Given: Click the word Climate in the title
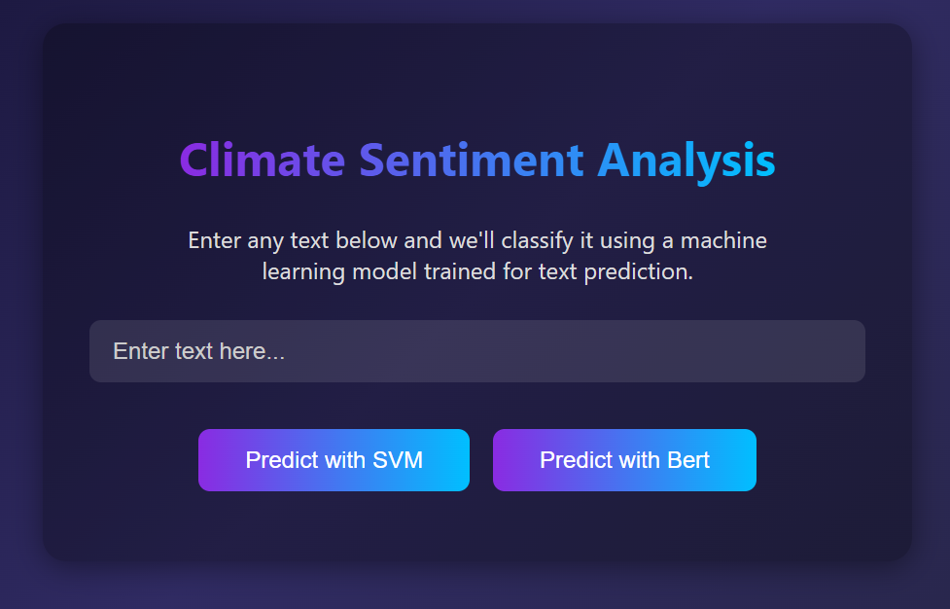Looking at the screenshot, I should click(262, 161).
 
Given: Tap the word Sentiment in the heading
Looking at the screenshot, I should click(472, 161).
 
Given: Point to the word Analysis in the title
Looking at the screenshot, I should click(686, 161).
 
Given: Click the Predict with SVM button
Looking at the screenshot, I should click(334, 460).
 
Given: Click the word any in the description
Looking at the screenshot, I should click(267, 240).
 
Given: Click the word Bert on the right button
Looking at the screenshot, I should click(687, 460).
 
